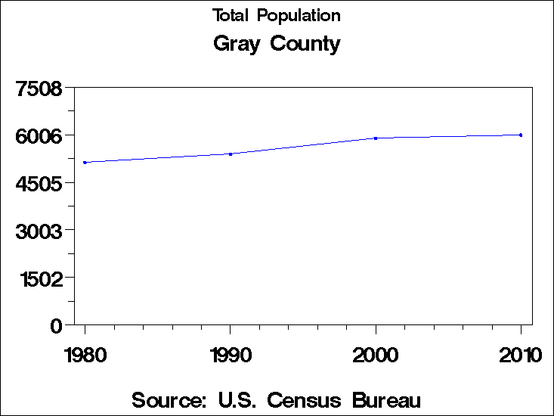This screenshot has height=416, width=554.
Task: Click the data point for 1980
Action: coord(85,162)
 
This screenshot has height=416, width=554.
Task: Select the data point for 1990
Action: coord(230,154)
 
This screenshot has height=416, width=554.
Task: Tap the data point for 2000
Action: coord(376,138)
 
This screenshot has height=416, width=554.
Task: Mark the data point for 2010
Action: coord(521,135)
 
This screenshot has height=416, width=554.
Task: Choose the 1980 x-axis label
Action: coord(85,354)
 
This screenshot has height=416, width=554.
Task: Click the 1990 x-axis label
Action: coord(230,354)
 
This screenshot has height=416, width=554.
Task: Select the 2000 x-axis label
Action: coord(376,354)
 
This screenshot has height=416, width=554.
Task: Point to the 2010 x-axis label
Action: coord(521,354)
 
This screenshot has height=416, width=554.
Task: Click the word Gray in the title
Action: coord(237,44)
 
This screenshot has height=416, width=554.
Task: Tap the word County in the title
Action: coord(305,44)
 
